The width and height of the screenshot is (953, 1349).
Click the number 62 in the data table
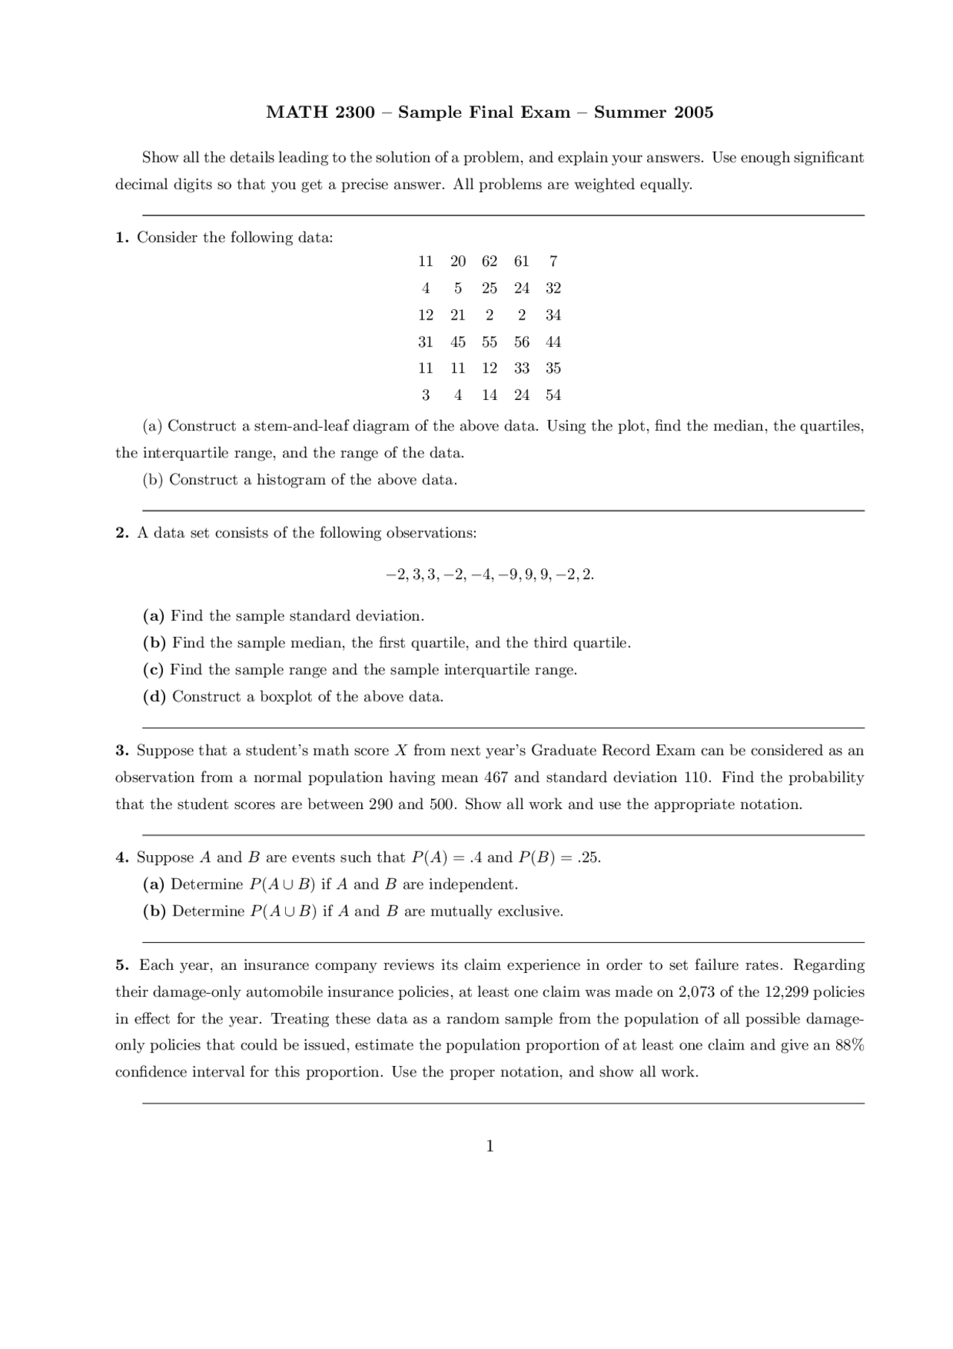click(489, 261)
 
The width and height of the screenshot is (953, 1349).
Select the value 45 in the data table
click(458, 342)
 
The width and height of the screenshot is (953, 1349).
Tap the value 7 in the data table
click(552, 261)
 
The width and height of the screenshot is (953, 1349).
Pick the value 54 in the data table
click(552, 396)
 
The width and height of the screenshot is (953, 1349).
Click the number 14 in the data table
click(489, 396)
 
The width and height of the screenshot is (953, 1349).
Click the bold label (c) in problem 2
click(153, 670)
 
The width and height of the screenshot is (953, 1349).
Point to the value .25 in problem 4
click(588, 857)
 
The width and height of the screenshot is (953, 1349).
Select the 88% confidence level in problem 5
click(850, 1045)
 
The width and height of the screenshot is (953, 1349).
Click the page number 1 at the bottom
click(490, 1146)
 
